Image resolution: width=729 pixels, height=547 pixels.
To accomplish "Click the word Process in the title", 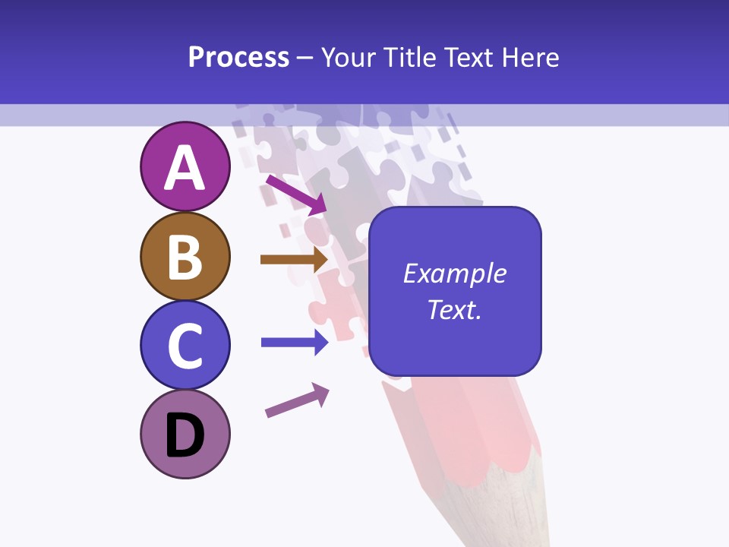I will point(238,58).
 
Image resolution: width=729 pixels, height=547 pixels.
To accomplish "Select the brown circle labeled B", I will point(185,257).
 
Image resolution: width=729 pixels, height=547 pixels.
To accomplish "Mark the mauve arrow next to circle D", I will point(297,400).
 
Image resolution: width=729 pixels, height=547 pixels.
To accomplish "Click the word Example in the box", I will point(454,273).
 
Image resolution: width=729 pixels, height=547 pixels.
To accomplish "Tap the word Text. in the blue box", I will point(454,310).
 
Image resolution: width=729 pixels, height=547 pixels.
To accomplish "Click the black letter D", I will point(185,437).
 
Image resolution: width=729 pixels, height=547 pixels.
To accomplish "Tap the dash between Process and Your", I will point(305,58).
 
